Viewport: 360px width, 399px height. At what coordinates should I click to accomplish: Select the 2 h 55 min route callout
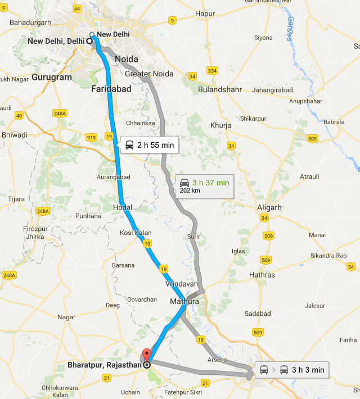tap(148, 146)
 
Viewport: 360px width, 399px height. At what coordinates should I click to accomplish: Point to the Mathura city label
tap(185, 302)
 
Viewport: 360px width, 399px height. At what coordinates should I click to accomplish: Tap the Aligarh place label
tap(269, 207)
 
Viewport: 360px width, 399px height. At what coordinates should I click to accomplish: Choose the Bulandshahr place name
tap(220, 89)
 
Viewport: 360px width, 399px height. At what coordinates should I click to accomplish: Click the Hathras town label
tap(262, 275)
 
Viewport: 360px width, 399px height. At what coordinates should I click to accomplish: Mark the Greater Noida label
tap(149, 74)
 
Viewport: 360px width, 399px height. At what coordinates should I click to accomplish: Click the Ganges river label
tap(289, 29)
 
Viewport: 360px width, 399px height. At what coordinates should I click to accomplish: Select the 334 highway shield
tap(211, 71)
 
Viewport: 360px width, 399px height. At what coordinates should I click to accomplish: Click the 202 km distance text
tap(190, 191)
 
